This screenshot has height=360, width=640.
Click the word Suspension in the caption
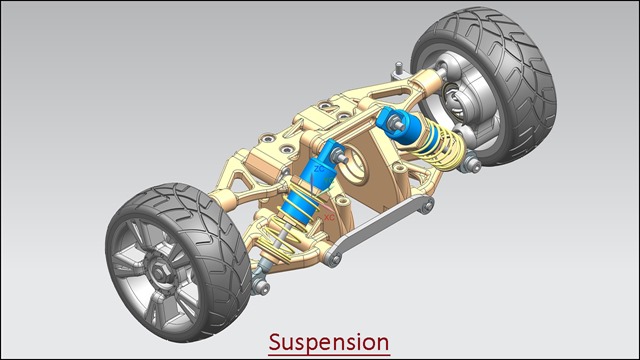[x=329, y=342]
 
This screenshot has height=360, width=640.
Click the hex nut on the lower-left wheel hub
[x=160, y=271]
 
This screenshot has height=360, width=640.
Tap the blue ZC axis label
[x=319, y=169]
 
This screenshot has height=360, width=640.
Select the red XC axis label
[x=329, y=218]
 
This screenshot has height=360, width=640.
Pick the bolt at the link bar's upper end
[x=426, y=205]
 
